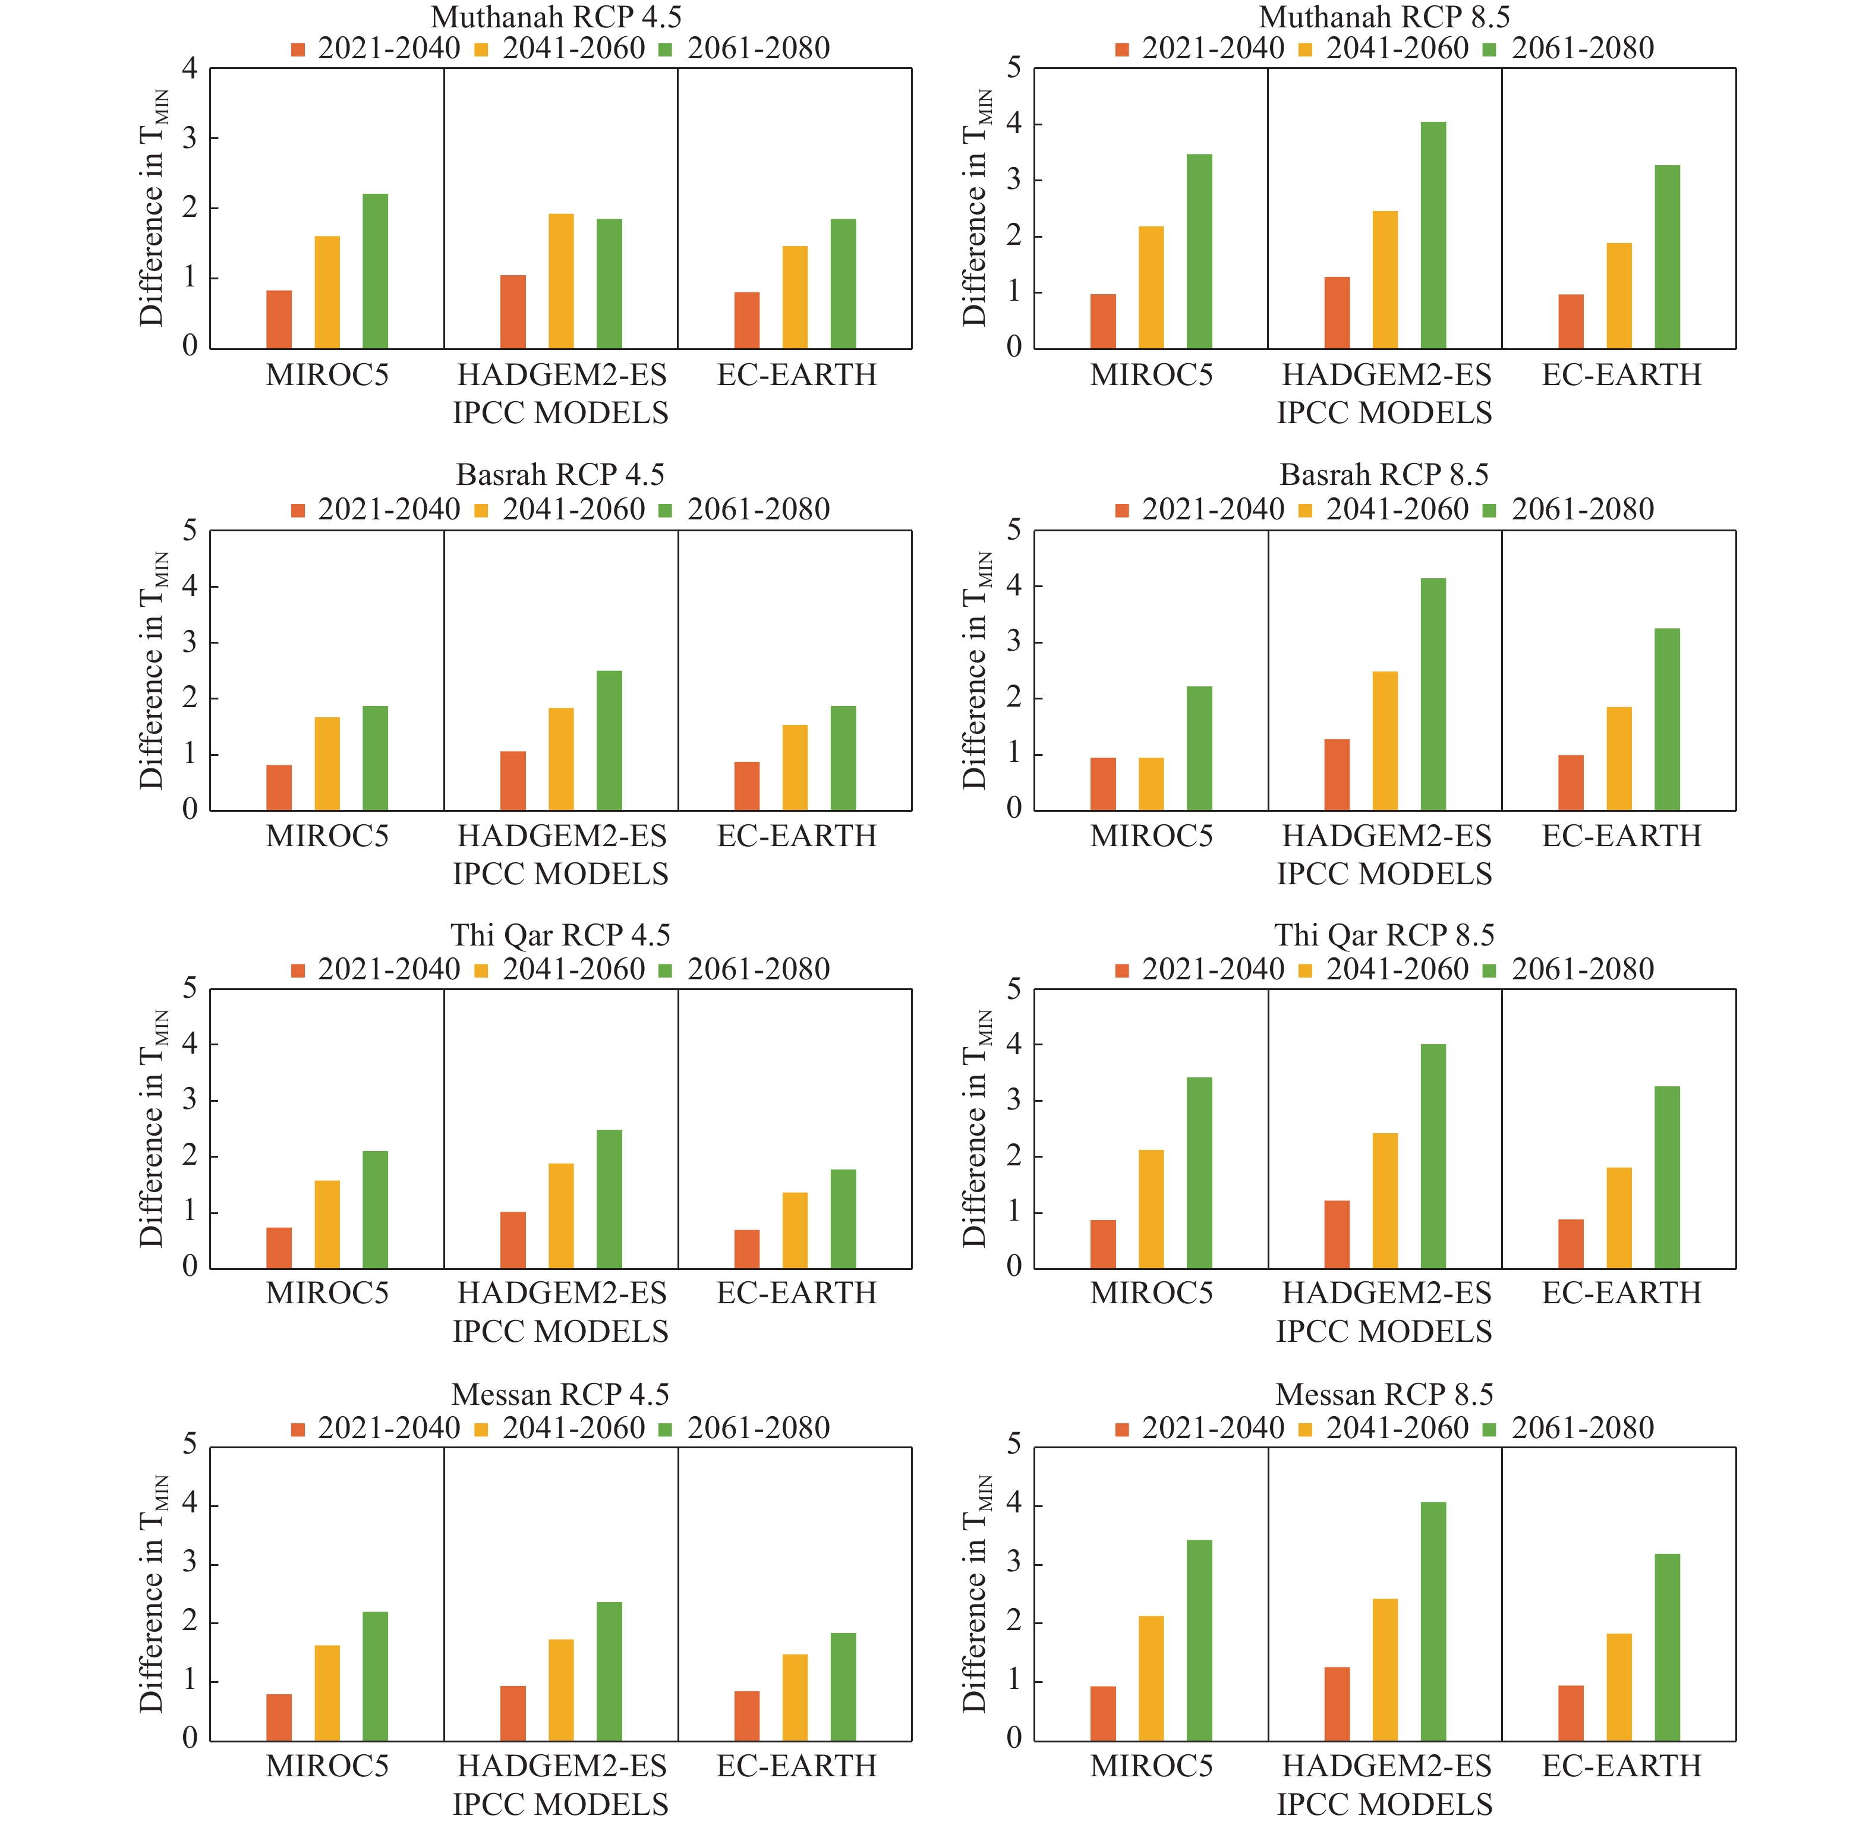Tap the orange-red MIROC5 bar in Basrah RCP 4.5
click(x=279, y=788)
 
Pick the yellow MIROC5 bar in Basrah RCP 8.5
click(x=1151, y=784)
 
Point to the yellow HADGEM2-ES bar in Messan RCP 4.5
click(x=561, y=1690)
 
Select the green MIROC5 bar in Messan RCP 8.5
click(x=1199, y=1640)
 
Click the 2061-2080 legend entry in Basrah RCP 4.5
click(x=745, y=509)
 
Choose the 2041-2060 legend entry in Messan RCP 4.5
click(x=561, y=1428)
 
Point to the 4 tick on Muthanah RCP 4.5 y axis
click(x=190, y=69)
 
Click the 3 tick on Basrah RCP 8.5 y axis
click(x=1013, y=642)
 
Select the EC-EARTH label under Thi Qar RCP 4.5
click(x=796, y=1293)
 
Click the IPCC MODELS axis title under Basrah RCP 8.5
click(x=1384, y=874)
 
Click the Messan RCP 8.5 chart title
click(x=1384, y=1395)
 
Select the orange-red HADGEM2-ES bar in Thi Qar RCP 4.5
click(x=513, y=1240)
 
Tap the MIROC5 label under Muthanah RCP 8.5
click(x=1151, y=375)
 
